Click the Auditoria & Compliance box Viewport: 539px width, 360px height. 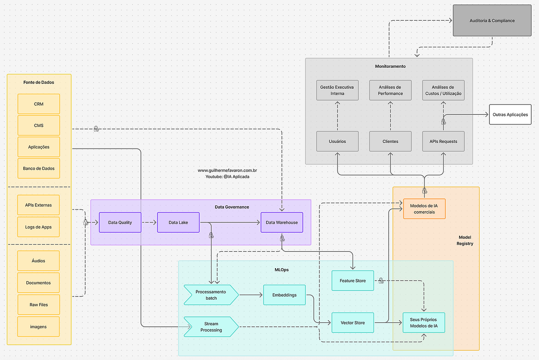[x=492, y=21]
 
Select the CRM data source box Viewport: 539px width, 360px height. [x=38, y=104]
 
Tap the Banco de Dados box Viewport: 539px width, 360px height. [x=38, y=169]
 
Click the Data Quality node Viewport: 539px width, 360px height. [x=120, y=223]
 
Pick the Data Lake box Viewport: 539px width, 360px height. [x=178, y=223]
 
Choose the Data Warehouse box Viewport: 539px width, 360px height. [x=282, y=223]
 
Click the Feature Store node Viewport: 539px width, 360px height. [x=352, y=281]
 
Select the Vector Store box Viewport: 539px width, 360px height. [x=352, y=323]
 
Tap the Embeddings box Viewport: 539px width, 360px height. [x=284, y=295]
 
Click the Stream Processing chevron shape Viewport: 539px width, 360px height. [x=211, y=327]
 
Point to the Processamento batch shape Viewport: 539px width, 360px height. [x=211, y=295]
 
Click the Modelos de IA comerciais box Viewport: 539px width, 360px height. [x=424, y=209]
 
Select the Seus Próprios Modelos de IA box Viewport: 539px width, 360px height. [x=423, y=323]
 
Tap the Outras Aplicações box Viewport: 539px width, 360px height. [x=510, y=114]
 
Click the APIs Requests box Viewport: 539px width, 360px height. [x=443, y=141]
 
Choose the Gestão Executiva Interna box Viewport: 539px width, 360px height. [x=337, y=90]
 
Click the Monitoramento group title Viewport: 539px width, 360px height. [x=390, y=66]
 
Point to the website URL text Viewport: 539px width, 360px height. [x=227, y=170]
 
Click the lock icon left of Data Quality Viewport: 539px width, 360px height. [x=86, y=222]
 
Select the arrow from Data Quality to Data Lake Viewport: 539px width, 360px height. [x=149, y=223]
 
